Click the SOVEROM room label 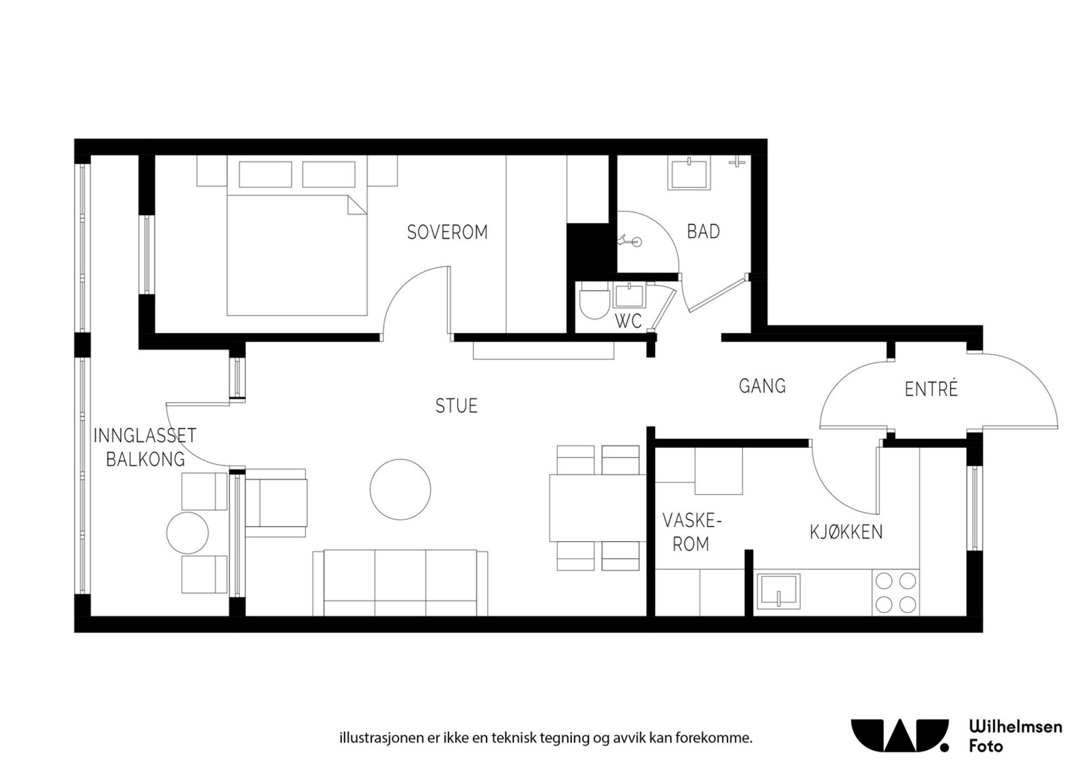click(447, 232)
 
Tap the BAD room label click(703, 231)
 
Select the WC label click(628, 321)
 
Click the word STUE click(456, 406)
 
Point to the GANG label click(762, 386)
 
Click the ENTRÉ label click(931, 389)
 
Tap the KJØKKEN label click(846, 532)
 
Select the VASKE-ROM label click(691, 533)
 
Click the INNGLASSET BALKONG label click(145, 447)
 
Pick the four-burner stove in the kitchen click(895, 592)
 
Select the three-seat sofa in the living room click(400, 582)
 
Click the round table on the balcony click(187, 533)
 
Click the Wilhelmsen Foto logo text click(1015, 736)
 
